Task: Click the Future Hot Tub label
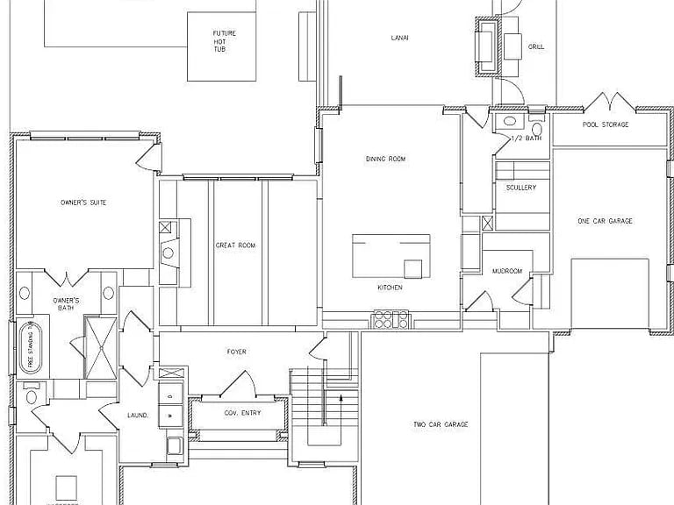tap(225, 41)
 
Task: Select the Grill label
tap(535, 46)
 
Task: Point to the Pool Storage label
tap(606, 124)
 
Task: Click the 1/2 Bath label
tap(526, 139)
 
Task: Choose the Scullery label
tap(521, 188)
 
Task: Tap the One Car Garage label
tap(605, 221)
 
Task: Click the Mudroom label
tap(507, 271)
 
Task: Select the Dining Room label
tap(387, 159)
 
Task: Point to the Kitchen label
tap(390, 287)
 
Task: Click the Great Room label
tap(235, 245)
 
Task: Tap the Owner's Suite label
tap(83, 203)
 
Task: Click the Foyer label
tap(236, 352)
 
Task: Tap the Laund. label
tap(137, 416)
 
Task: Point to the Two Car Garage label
tap(441, 424)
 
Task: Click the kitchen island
tap(391, 255)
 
